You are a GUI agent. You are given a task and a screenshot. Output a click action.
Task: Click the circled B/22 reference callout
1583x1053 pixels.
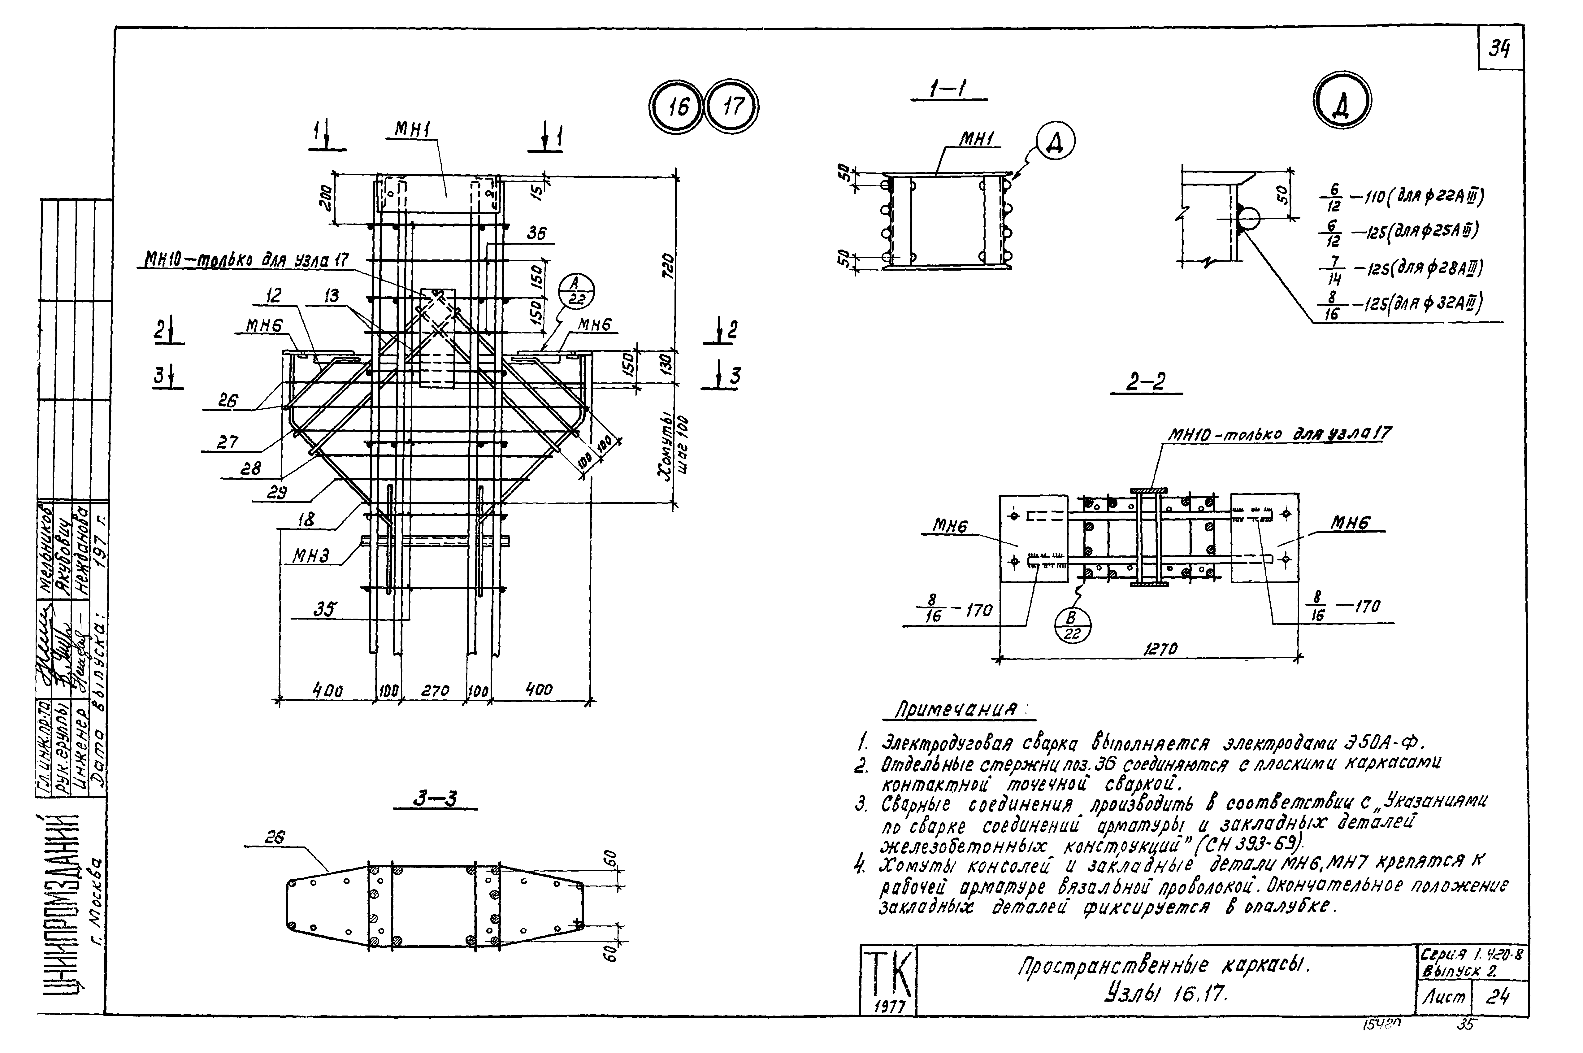pos(1072,624)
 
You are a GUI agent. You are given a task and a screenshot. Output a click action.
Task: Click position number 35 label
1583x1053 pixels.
pos(325,609)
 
